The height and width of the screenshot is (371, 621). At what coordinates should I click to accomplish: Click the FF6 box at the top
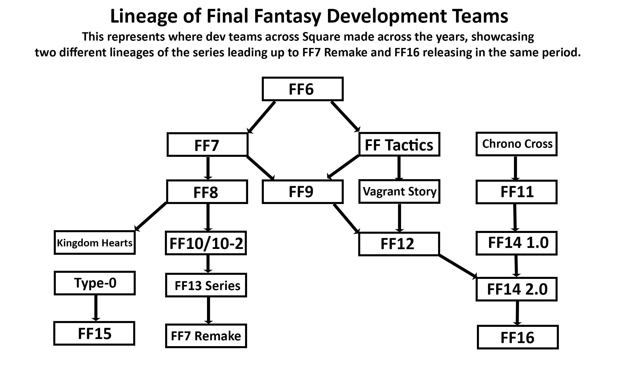(x=302, y=89)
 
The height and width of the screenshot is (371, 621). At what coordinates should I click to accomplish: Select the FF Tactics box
(x=399, y=144)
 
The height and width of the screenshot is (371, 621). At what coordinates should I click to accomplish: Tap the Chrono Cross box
(x=516, y=144)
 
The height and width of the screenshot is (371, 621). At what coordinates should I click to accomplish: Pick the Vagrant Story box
(x=399, y=192)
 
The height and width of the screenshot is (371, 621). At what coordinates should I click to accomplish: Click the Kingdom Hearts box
(x=95, y=243)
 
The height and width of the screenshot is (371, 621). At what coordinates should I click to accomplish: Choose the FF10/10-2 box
(x=206, y=243)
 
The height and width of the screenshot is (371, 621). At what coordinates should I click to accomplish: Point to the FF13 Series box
(x=206, y=285)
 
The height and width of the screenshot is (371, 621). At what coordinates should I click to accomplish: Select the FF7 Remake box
(x=206, y=336)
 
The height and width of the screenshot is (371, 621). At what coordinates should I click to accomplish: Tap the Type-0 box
(x=95, y=283)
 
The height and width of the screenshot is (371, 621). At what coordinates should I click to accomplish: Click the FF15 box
(x=94, y=333)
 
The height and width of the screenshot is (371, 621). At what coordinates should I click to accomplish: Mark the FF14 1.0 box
(x=516, y=243)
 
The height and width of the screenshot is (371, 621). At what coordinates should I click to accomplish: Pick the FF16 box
(x=517, y=337)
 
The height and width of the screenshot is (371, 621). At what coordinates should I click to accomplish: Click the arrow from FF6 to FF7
(x=261, y=117)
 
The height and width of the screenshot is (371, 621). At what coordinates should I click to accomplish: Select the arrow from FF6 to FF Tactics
(x=345, y=116)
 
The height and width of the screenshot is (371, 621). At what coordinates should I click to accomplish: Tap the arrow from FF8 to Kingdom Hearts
(x=151, y=216)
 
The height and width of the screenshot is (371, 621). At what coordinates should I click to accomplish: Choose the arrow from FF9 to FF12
(x=347, y=218)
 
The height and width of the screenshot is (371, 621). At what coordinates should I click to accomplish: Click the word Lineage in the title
(x=144, y=16)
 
